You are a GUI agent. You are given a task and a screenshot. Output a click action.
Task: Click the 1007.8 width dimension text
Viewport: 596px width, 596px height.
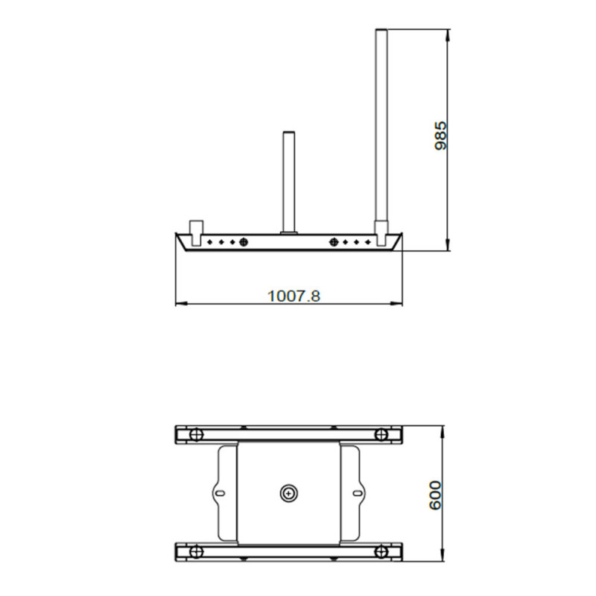(x=294, y=296)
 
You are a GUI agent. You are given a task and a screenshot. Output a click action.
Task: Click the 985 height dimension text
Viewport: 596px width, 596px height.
(x=440, y=136)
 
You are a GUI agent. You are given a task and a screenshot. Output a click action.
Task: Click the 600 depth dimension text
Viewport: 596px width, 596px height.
(x=436, y=495)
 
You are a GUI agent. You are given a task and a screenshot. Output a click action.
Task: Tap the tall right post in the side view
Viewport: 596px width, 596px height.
(x=381, y=127)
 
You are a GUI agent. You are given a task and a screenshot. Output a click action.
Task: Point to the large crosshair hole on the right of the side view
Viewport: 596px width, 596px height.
(x=333, y=241)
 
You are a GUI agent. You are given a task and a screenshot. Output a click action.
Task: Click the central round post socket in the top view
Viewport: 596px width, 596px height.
(x=288, y=492)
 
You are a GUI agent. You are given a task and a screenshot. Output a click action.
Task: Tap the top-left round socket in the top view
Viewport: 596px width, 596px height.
(x=196, y=434)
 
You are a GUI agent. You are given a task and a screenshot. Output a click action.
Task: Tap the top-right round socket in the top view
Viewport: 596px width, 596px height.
(x=381, y=434)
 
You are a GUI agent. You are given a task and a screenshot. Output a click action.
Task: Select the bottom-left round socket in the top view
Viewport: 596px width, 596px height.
(x=196, y=551)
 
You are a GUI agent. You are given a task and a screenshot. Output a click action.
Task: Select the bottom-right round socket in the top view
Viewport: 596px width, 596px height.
(x=381, y=551)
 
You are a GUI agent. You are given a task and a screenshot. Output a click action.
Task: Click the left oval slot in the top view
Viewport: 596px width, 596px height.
(x=220, y=492)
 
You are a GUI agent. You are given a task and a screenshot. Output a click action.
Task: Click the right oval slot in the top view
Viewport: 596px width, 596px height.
(x=357, y=492)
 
